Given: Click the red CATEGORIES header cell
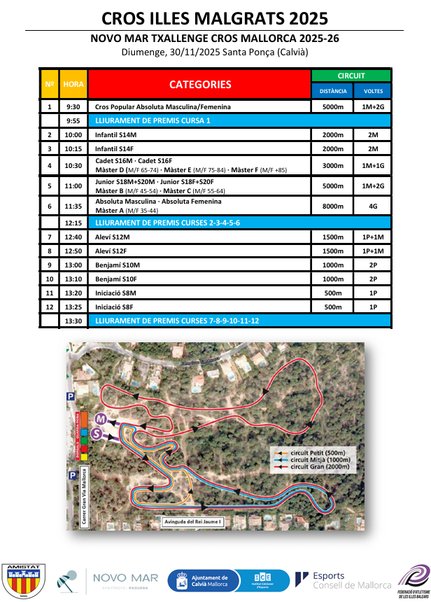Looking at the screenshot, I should (199, 84).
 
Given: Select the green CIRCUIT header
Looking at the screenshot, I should (351, 76).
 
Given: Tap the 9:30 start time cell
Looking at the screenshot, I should (73, 107).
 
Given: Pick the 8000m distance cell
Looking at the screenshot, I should (332, 206).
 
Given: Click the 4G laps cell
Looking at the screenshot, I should (373, 206).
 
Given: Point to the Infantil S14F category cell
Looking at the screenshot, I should (199, 148).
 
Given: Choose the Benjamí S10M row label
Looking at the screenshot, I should (199, 265).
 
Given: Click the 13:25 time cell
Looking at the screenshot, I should (73, 307).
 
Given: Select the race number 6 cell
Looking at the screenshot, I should (49, 206).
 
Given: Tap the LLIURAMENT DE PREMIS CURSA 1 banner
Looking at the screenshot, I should (238, 120).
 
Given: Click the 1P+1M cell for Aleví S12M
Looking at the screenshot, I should (373, 237).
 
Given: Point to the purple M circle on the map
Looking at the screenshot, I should (101, 419).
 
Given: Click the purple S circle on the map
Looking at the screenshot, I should (97, 434).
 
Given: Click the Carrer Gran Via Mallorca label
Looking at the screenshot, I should (85, 498).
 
